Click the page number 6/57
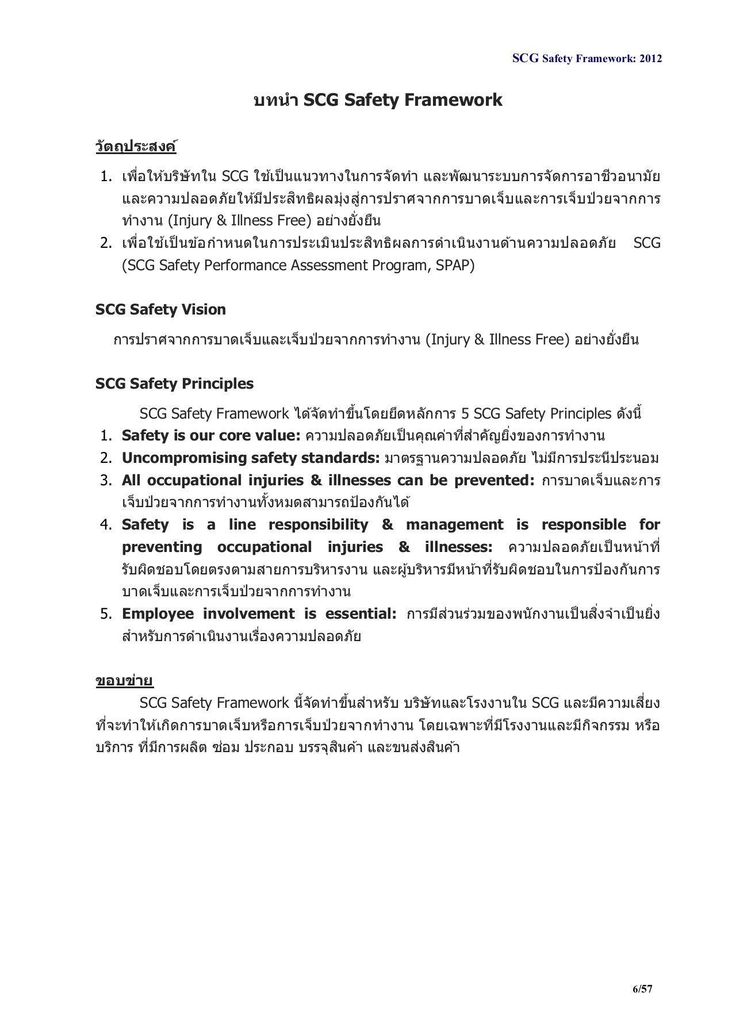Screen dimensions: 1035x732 (x=642, y=988)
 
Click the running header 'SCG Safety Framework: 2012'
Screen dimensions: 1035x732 (x=587, y=58)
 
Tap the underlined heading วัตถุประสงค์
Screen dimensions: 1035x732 (x=136, y=147)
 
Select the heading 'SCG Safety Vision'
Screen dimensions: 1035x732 (x=160, y=309)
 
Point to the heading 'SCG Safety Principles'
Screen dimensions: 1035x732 (x=174, y=384)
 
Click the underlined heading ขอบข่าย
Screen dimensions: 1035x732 (x=124, y=681)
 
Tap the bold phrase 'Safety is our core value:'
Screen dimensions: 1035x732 (x=211, y=436)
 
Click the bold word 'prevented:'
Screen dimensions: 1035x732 (x=495, y=480)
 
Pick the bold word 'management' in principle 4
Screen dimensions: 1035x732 (x=454, y=524)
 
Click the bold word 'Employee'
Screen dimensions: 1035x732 (x=158, y=614)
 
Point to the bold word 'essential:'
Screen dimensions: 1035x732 (x=361, y=614)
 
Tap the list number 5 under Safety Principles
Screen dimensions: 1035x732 (x=106, y=614)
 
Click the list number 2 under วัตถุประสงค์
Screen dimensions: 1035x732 (x=106, y=243)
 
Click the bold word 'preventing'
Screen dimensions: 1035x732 (x=162, y=547)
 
